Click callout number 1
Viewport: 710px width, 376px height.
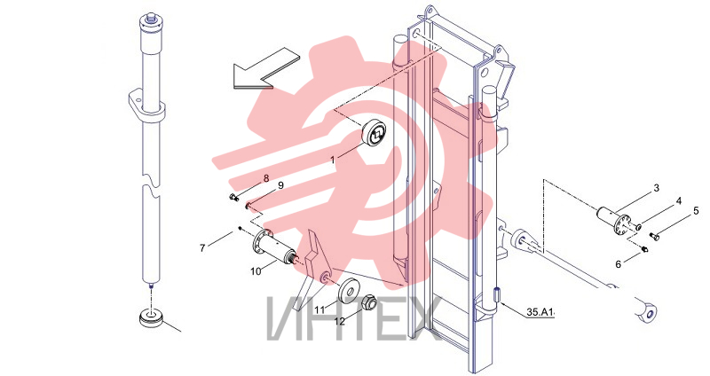click(x=333, y=160)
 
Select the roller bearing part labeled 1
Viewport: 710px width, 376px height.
click(x=375, y=133)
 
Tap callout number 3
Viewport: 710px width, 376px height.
click(x=657, y=188)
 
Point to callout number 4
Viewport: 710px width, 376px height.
click(x=679, y=200)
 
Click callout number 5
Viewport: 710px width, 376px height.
click(x=696, y=210)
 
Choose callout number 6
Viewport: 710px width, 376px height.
click(x=618, y=264)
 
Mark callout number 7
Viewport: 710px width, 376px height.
click(x=202, y=247)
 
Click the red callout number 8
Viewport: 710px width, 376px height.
click(x=266, y=178)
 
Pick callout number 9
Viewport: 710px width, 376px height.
click(x=280, y=185)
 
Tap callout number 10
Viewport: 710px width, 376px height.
click(x=256, y=271)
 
